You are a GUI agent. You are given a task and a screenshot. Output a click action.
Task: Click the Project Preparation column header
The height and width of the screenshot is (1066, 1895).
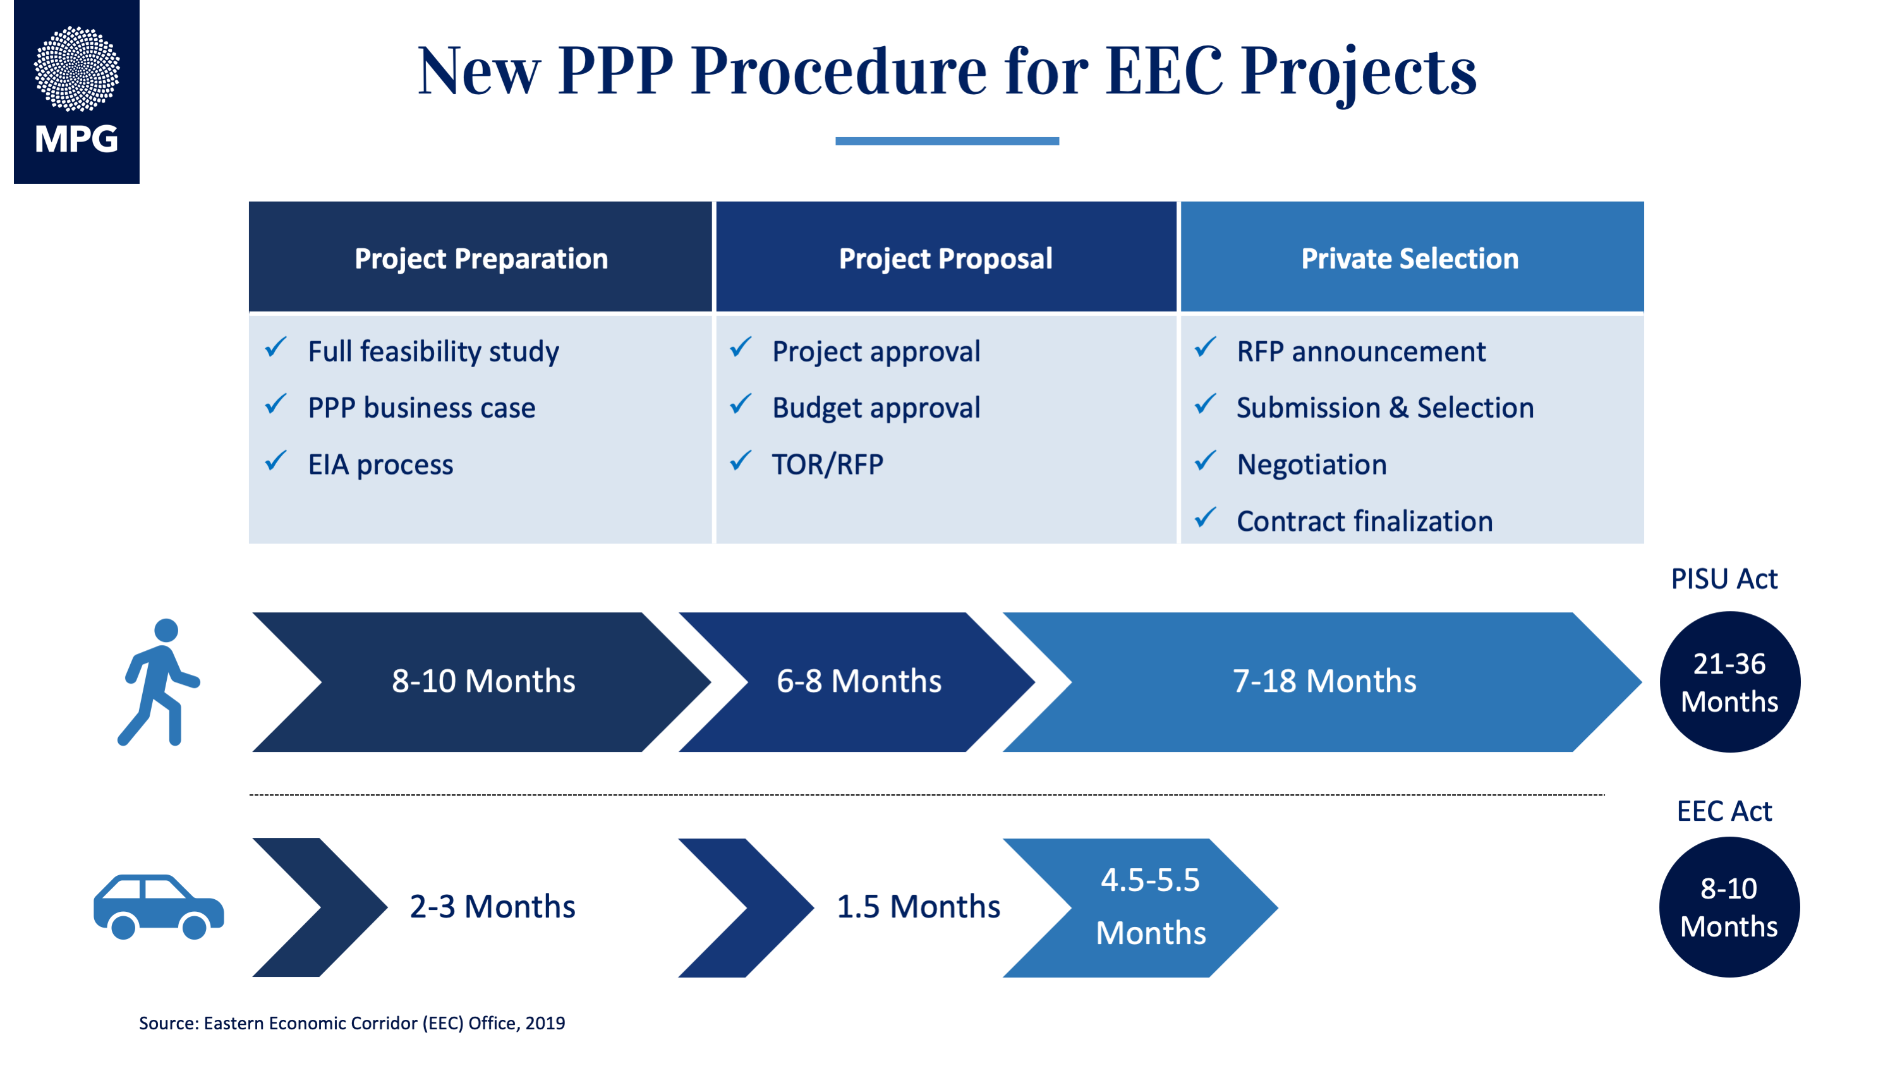480,257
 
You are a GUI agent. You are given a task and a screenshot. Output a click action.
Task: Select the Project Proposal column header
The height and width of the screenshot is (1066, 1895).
946,257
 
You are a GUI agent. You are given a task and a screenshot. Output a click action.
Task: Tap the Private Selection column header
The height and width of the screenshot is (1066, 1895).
1412,257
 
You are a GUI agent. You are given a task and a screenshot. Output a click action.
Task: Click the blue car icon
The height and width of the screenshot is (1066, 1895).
159,906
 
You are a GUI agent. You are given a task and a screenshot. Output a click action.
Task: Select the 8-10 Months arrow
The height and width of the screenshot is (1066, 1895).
482,682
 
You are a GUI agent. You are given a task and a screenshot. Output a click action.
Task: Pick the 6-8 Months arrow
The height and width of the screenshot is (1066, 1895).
857,682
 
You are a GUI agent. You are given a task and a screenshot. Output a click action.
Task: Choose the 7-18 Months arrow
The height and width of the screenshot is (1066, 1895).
1323,682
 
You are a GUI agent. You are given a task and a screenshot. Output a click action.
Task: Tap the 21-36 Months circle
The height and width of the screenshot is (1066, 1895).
1729,682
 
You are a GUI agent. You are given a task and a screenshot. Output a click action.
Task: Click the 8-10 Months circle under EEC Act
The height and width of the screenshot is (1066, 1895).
1729,907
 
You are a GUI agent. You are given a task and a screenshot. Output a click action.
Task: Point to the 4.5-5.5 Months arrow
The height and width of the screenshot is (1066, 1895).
1141,908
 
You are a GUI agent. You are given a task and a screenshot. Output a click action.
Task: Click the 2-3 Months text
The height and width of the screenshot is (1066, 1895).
492,906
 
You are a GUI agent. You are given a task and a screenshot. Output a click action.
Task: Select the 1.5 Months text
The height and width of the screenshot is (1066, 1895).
918,906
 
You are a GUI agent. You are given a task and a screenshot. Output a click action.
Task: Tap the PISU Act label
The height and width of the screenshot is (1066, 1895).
1724,579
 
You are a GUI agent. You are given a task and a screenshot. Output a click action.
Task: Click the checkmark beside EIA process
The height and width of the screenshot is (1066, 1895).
276,461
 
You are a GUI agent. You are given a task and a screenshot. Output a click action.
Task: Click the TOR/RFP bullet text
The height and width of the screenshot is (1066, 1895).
828,464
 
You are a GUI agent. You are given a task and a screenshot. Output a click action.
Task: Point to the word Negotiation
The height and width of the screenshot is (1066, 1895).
1312,464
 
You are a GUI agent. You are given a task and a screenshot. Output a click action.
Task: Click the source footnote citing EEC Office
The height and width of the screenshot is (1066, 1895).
353,1023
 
